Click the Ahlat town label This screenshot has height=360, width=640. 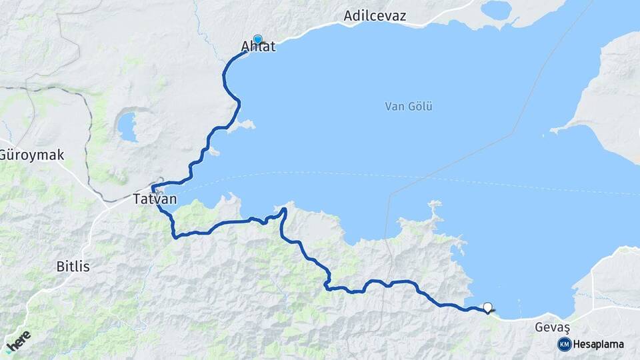257,47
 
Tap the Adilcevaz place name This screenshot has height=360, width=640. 375,15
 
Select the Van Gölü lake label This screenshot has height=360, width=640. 409,106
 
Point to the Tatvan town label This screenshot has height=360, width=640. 155,199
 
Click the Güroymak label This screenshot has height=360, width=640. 31,155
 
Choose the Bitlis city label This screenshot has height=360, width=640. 73,266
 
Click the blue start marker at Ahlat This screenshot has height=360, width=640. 257,39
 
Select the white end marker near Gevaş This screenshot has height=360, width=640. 487,307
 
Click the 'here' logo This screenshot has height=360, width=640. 17,341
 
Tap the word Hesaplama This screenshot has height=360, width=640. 598,345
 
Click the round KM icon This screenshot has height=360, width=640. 564,344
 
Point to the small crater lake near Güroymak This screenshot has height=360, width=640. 127,126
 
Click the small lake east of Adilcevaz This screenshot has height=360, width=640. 496,10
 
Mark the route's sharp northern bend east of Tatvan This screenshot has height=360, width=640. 284,211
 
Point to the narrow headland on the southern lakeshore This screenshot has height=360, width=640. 435,212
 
